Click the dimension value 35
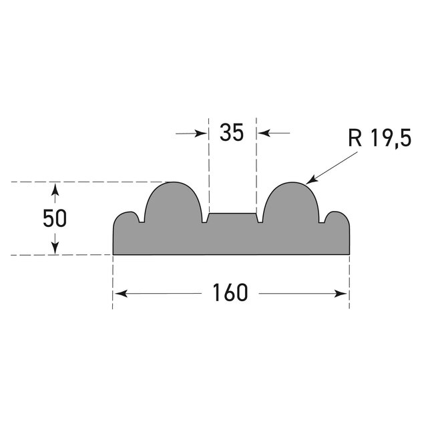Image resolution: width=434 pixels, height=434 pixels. click(x=231, y=133)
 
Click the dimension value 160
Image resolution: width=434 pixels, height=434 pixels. click(x=230, y=292)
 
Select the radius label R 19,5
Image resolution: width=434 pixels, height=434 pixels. click(x=379, y=138)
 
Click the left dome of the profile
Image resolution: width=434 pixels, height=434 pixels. click(x=173, y=204)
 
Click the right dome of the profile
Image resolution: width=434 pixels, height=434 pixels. click(x=291, y=204)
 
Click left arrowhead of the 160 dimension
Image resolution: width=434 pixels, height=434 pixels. click(x=118, y=293)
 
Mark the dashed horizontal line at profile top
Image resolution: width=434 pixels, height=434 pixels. click(x=87, y=182)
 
